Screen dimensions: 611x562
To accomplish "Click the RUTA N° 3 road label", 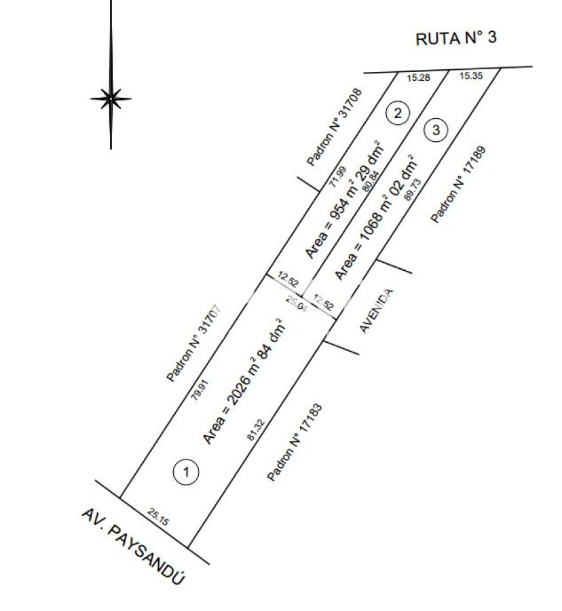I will [455, 38].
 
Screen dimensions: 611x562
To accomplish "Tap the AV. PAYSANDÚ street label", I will [133, 547].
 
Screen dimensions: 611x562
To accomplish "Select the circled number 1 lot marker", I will [186, 472].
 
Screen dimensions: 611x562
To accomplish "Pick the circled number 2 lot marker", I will [398, 113].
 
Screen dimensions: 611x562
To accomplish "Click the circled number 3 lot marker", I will [436, 129].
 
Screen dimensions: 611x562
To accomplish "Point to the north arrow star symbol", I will [111, 99].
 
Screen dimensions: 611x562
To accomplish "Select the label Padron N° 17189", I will [460, 184].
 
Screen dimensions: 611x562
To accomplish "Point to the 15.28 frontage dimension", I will [418, 78].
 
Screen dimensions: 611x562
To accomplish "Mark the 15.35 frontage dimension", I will [470, 76].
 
